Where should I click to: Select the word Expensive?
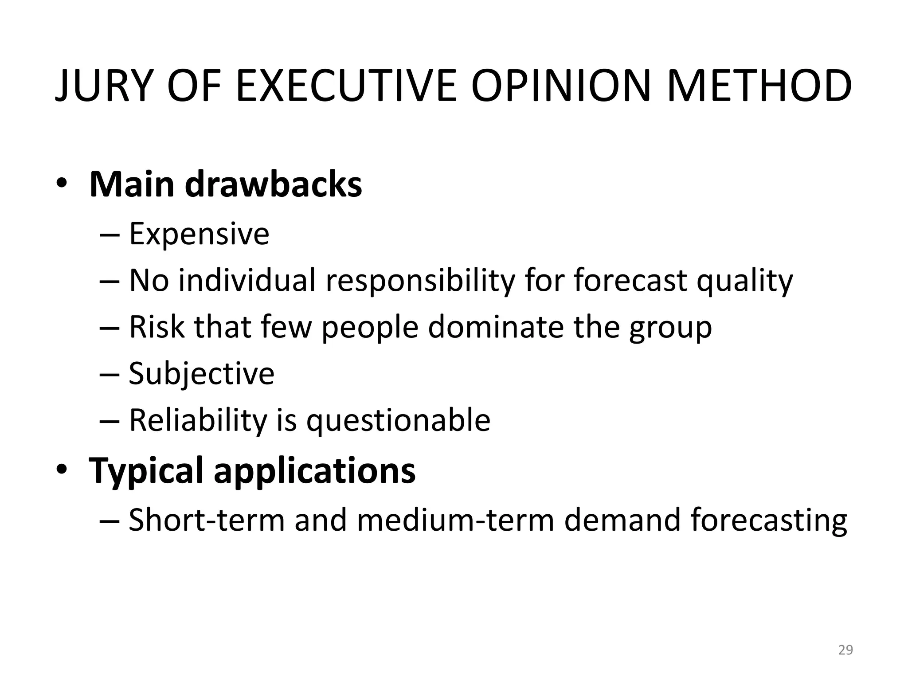coord(199,234)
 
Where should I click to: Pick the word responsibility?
coord(420,281)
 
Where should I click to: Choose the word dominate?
coord(495,327)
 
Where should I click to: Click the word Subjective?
coord(202,374)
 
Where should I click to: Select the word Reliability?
coord(198,420)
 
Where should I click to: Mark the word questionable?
coord(399,421)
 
